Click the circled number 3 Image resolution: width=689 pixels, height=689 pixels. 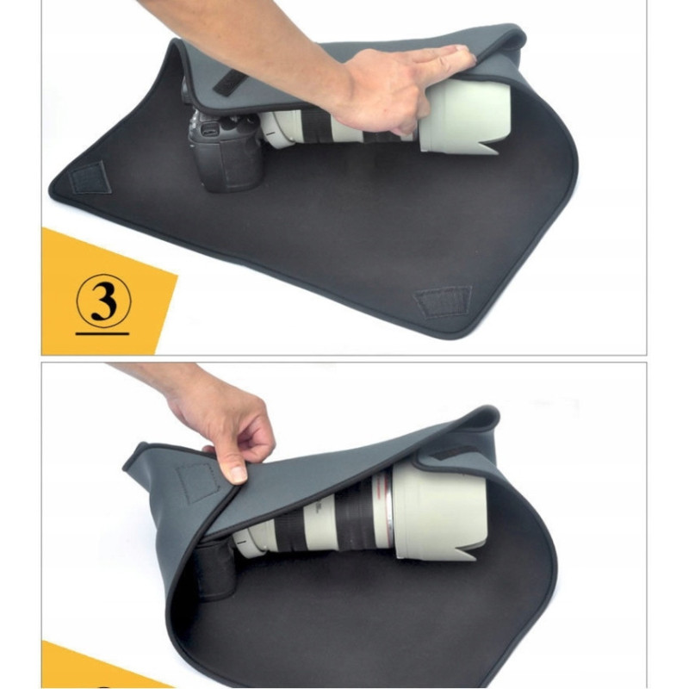click(103, 301)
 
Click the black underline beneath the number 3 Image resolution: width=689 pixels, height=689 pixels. click(102, 333)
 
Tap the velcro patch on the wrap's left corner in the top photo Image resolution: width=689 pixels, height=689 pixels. click(90, 177)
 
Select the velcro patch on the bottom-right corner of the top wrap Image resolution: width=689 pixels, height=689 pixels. click(442, 301)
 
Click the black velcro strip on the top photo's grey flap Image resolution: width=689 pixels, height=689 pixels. click(228, 82)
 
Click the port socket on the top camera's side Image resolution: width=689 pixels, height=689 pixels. click(210, 130)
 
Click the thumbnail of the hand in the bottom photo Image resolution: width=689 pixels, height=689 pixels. click(239, 474)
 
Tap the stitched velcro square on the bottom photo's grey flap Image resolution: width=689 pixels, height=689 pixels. click(198, 482)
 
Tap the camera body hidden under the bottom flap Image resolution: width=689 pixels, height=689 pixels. click(215, 571)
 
